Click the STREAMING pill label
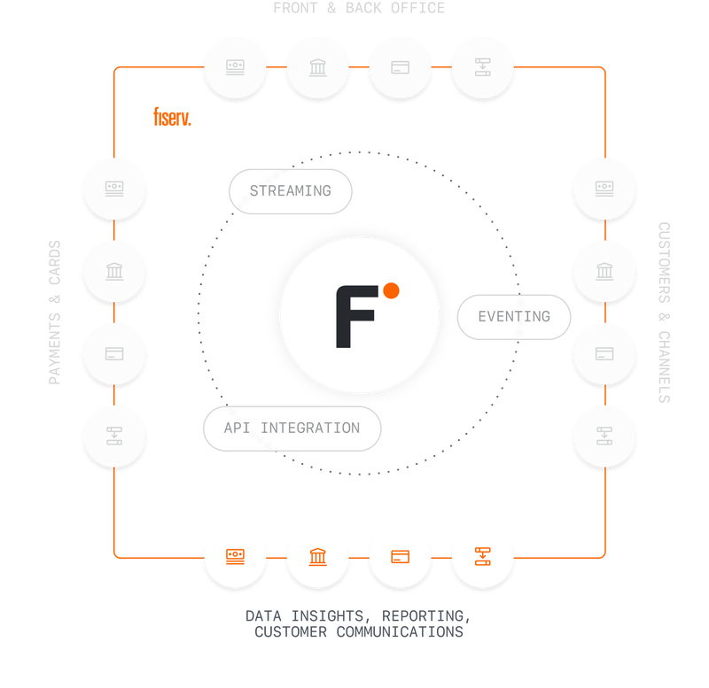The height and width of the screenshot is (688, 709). tap(291, 190)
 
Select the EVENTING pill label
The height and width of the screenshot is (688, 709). tap(514, 316)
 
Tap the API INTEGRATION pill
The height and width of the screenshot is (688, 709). tap(292, 429)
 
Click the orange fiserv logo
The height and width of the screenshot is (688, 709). tap(172, 116)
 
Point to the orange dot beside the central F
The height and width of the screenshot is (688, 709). tap(391, 290)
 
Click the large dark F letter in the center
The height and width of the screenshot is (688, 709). tap(354, 317)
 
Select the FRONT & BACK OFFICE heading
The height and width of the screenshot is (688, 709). tap(358, 9)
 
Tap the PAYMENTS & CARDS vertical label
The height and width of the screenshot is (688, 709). tap(55, 312)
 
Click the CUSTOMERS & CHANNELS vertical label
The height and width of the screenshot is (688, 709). tap(663, 312)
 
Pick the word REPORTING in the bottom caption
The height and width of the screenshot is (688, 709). tap(426, 615)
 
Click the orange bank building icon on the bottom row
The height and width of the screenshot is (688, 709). tap(317, 557)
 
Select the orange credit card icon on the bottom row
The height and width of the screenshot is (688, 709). tap(400, 557)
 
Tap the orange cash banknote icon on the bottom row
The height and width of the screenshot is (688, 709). tap(235, 557)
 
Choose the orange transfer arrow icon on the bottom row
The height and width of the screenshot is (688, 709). tap(483, 557)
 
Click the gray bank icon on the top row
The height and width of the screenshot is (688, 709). tap(317, 66)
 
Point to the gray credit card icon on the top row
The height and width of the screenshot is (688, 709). tap(400, 66)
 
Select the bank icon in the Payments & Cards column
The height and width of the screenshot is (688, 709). tap(114, 271)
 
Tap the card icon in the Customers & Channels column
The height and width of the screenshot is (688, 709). tap(604, 353)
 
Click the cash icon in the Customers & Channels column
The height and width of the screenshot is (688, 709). tap(604, 189)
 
